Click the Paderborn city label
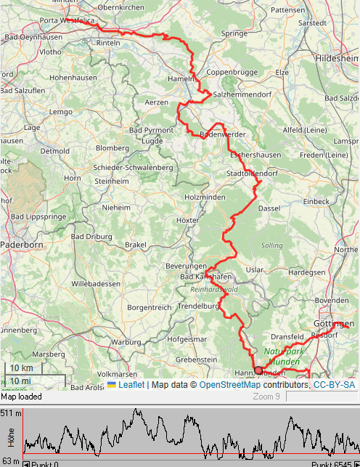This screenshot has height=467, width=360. coord(22,245)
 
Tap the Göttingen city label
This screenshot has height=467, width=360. coord(333,323)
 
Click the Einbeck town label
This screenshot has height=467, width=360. coord(316,200)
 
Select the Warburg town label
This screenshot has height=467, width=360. coord(126,341)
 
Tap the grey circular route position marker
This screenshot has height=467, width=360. coord(258,370)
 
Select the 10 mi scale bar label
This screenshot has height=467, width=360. coord(20,381)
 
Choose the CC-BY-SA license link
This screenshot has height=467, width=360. coord(334,384)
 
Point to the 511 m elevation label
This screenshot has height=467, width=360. coord(11,413)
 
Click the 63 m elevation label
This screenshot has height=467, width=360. coord(11,460)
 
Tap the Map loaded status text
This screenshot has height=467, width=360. coord(22,397)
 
